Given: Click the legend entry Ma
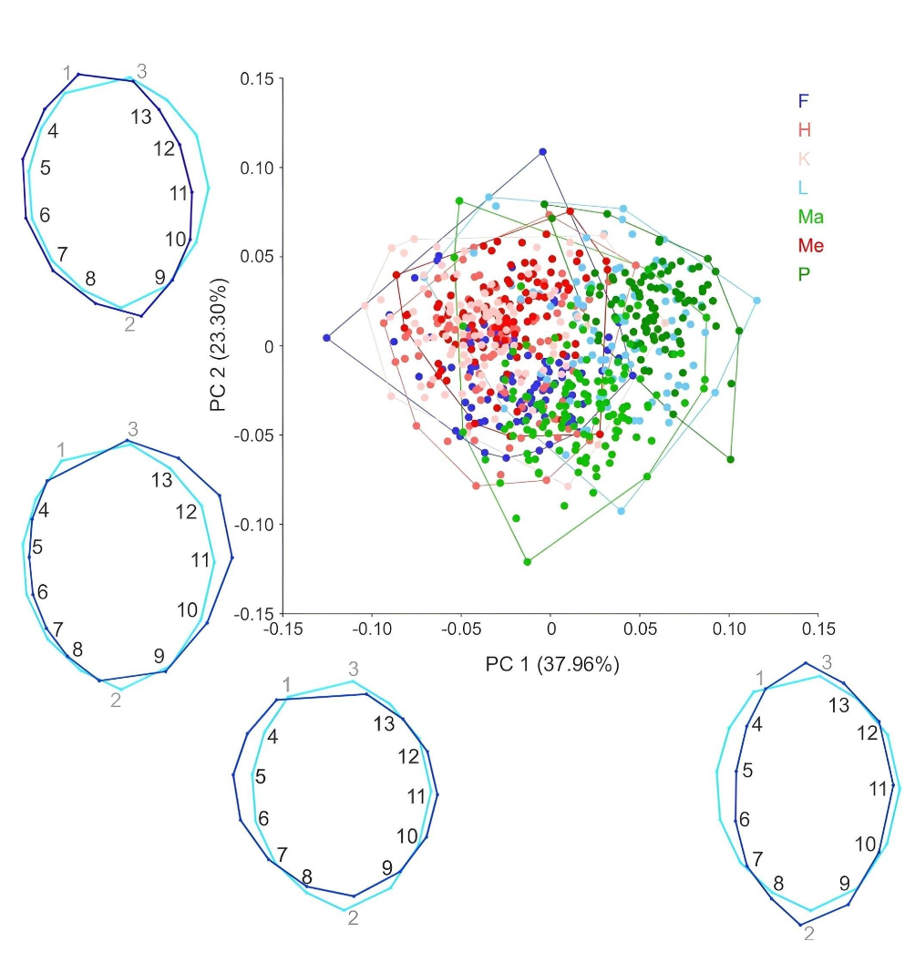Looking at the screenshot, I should point(810,217).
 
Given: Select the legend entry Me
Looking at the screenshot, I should point(810,245).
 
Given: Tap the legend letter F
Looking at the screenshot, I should point(803,101).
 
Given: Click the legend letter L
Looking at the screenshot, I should point(803,188).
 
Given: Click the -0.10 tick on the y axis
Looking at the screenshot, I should point(253,525).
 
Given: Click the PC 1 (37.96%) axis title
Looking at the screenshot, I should point(553,665).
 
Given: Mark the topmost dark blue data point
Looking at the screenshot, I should point(542,151).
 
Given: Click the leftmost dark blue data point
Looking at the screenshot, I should point(326,338).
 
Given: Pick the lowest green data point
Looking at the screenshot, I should point(528,562).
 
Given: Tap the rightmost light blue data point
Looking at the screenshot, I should point(757,301).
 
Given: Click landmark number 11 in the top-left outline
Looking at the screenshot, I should point(179,192).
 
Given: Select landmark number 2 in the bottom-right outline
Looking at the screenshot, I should point(809,933).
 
